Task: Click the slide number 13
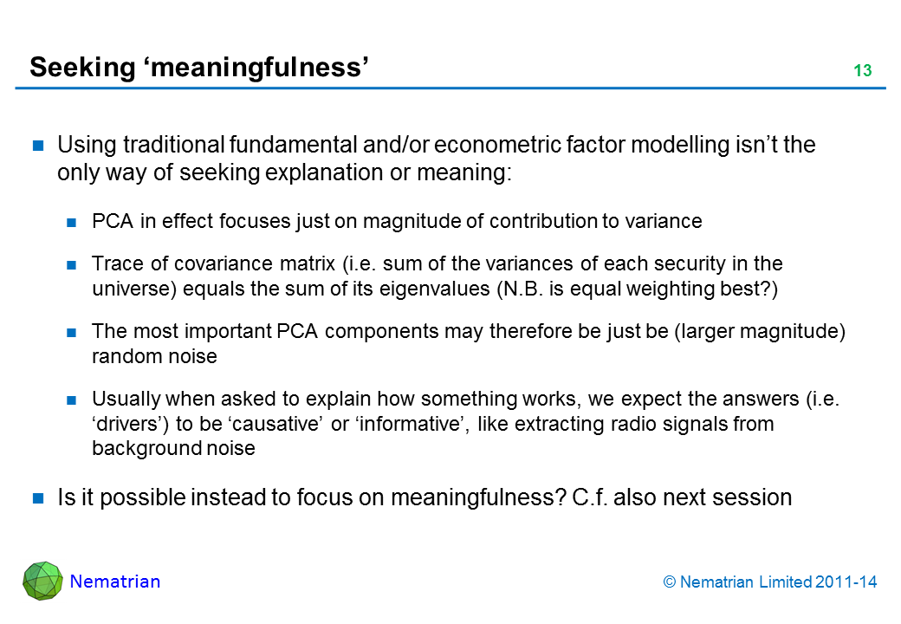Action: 863,70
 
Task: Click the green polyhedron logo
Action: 42,581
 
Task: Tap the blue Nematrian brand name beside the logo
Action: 115,582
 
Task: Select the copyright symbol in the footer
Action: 670,582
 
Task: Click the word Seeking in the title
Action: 82,68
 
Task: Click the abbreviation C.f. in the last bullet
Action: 590,497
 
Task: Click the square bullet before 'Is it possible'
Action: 38,498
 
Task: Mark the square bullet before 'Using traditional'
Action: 38,146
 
